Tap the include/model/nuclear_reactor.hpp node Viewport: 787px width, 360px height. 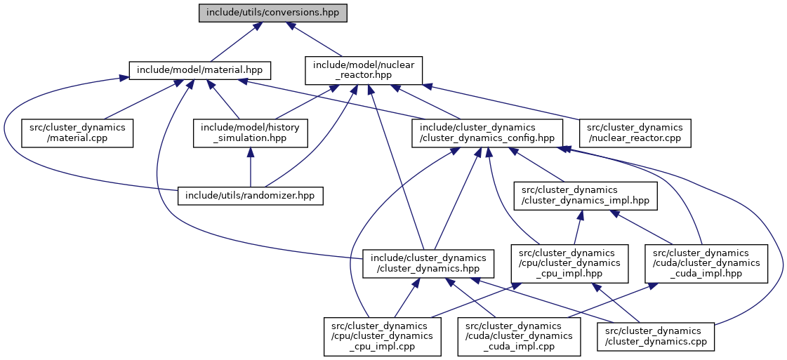coord(364,70)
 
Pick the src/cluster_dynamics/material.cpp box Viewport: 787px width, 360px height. coord(77,133)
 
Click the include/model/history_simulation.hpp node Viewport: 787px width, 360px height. coord(251,133)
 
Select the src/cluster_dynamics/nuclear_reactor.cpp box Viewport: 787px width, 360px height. coord(635,133)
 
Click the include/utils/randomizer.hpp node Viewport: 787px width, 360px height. coord(251,195)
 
